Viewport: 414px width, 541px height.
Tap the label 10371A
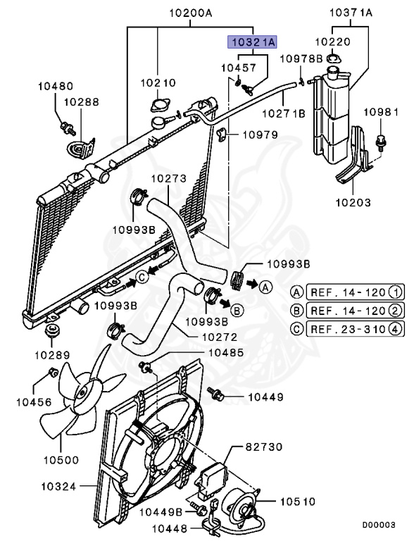(x=351, y=13)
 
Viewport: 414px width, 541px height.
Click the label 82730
(x=265, y=447)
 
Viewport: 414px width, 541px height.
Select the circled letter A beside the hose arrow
(x=265, y=287)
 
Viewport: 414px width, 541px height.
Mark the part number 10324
(x=60, y=485)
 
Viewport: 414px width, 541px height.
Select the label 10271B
(x=284, y=113)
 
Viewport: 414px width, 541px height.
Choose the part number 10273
(x=169, y=179)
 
